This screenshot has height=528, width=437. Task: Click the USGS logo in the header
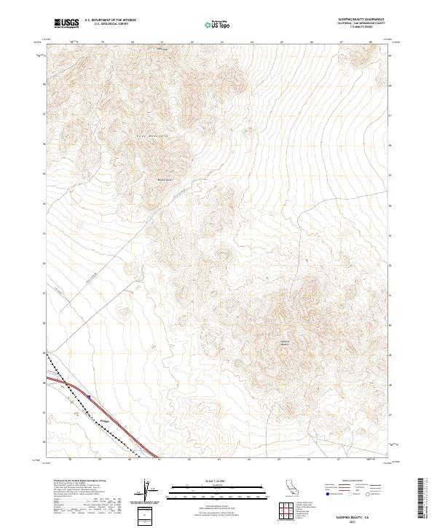pyautogui.click(x=66, y=24)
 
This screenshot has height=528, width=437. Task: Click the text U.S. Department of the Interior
pyautogui.click(x=110, y=20)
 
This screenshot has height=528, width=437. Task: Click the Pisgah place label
pyautogui.click(x=104, y=420)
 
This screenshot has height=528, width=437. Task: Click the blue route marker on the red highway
pyautogui.click(x=89, y=396)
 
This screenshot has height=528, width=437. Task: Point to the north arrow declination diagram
pyautogui.click(x=147, y=489)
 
